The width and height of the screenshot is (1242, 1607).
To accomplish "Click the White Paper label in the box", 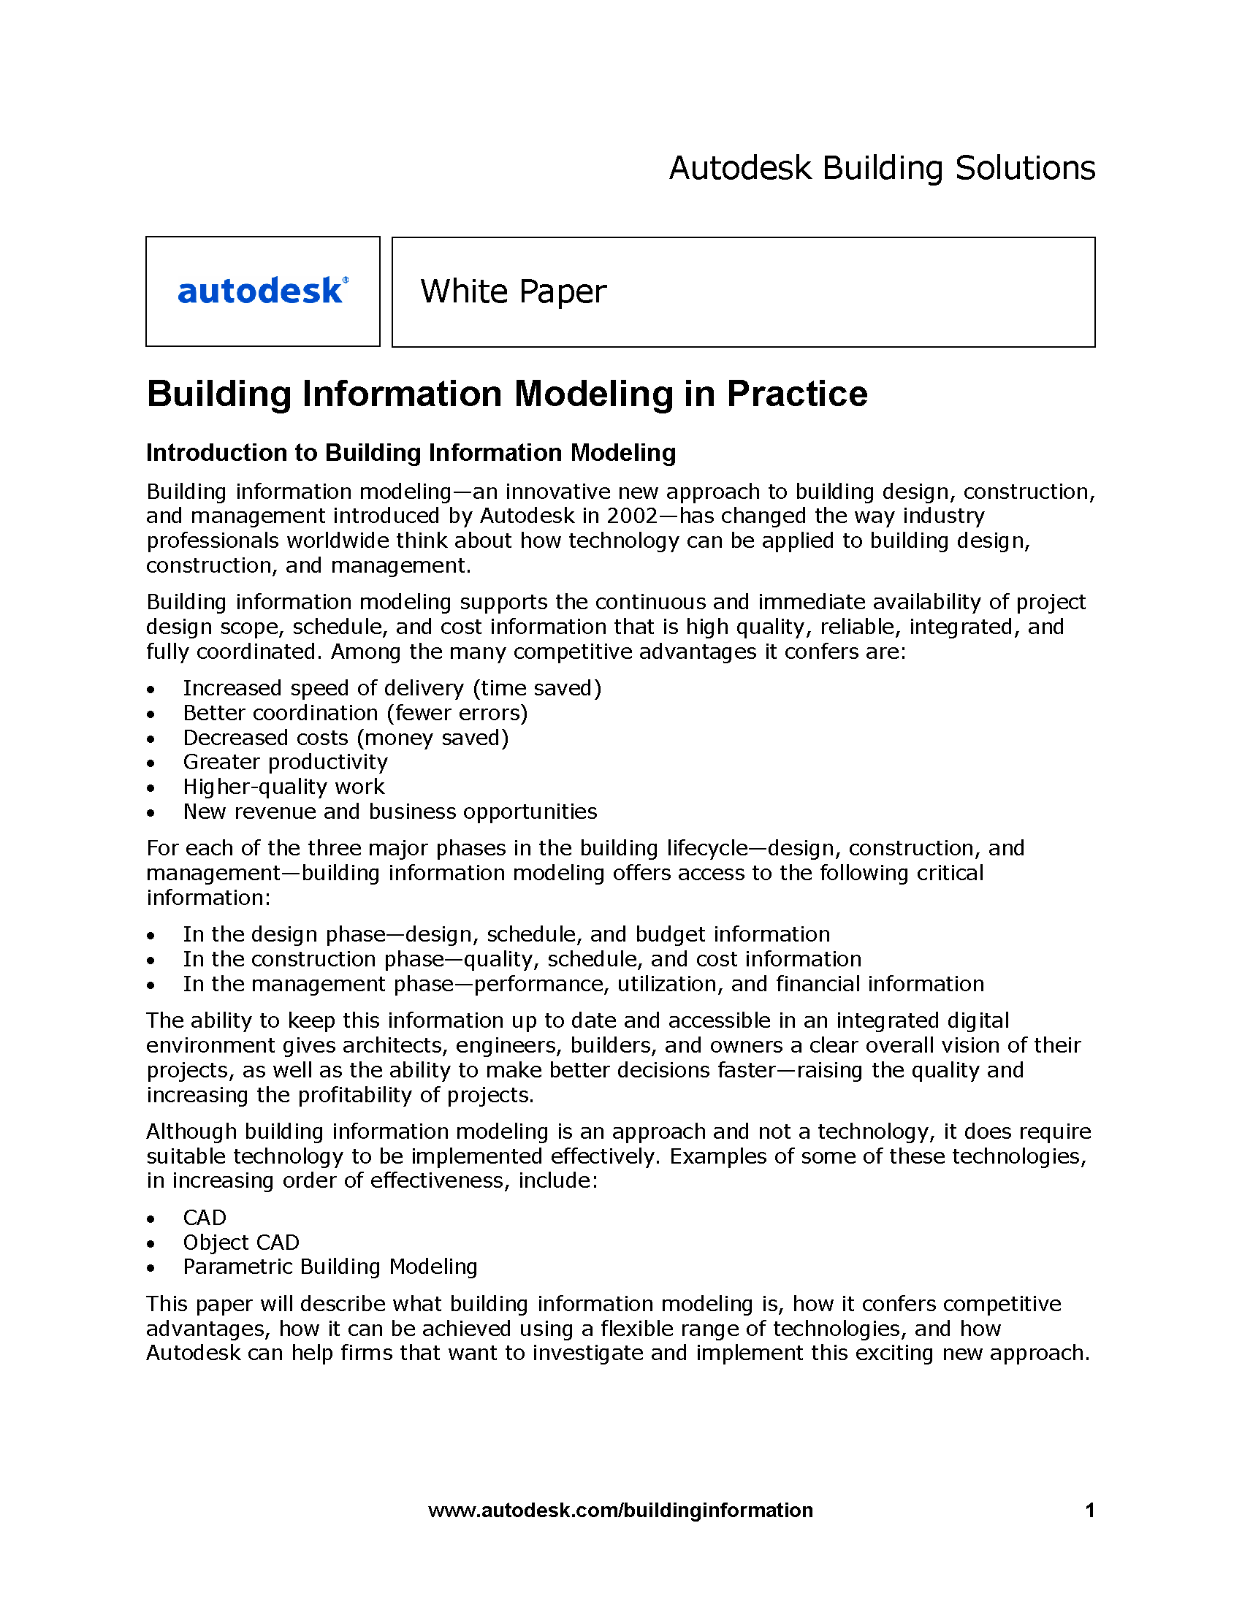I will [513, 291].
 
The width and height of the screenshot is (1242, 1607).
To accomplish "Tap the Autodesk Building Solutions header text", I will [882, 168].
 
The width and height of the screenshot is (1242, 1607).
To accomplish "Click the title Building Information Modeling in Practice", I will [507, 394].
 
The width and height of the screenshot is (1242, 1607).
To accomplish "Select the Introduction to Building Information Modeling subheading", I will [411, 453].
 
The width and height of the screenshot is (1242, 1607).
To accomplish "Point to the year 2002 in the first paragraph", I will [632, 516].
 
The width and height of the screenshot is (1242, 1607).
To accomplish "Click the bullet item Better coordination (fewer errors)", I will [355, 713].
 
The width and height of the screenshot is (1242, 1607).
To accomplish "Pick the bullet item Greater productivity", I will [285, 762].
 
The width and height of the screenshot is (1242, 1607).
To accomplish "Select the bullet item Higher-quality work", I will [283, 787].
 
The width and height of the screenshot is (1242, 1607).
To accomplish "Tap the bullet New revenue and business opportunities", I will [390, 812].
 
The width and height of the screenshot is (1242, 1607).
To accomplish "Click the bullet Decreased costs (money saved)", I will [346, 737].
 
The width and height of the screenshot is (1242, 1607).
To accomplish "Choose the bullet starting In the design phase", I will [506, 934].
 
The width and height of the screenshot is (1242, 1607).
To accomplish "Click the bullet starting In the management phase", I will [584, 984].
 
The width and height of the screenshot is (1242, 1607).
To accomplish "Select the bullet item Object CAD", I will [240, 1242].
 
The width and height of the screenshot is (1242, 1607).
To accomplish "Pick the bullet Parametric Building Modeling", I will [330, 1267].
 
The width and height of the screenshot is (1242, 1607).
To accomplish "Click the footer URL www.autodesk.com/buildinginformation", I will [620, 1511].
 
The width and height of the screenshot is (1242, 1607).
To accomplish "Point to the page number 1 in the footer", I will [1090, 1511].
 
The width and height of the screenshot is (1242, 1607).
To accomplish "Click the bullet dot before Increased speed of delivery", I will [151, 690].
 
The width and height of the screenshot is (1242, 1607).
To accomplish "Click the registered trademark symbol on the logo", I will [346, 280].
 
